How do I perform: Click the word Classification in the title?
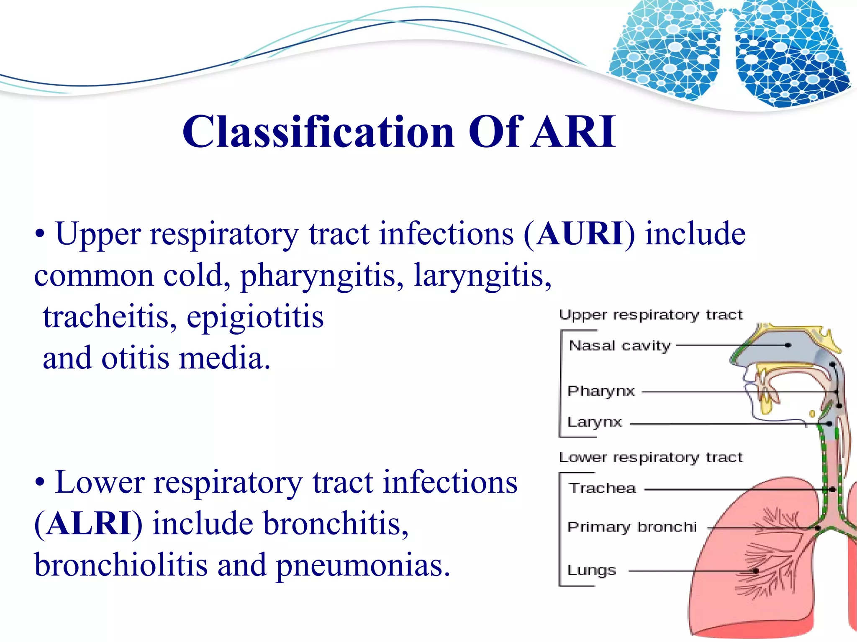(318, 132)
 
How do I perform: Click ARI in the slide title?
(573, 132)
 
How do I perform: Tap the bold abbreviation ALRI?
(89, 523)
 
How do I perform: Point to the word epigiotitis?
(255, 317)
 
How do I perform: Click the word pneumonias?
(363, 565)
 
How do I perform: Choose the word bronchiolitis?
(121, 564)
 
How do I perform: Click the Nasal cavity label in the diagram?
(619, 346)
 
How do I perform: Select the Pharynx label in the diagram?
(601, 391)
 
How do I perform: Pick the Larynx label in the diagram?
(594, 422)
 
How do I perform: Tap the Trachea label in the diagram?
(602, 488)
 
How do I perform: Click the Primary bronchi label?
(631, 527)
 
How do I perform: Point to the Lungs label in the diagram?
(591, 570)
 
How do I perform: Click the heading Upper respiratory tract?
(651, 315)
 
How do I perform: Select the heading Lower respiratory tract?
(651, 457)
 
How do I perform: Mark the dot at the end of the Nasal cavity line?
(788, 345)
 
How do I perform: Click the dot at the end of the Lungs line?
(756, 570)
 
